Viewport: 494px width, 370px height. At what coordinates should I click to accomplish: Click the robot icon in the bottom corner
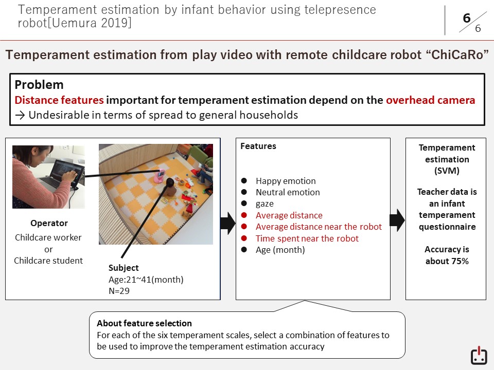pos(479,356)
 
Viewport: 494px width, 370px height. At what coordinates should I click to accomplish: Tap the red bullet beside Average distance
pos(244,215)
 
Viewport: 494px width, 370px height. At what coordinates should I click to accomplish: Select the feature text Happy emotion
pos(286,181)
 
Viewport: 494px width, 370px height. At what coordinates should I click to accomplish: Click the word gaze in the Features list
pos(264,204)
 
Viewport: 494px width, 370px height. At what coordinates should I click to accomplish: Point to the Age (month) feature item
pos(280,250)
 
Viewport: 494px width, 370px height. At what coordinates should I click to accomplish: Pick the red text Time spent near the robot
pos(307,238)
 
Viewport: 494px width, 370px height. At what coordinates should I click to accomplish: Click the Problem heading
pos(39,85)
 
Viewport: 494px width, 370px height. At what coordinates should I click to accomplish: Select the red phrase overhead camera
pos(430,100)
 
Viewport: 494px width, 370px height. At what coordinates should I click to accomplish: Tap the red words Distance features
pos(59,100)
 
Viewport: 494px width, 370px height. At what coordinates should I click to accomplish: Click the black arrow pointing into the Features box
pos(227,223)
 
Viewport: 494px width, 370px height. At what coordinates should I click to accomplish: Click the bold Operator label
pos(49,223)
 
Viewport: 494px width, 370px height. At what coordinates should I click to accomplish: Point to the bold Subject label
pos(123,268)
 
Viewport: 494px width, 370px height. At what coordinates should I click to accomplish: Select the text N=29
pos(119,291)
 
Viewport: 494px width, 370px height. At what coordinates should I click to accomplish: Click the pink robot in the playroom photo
pos(160,176)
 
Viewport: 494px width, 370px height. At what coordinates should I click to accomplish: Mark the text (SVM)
pos(447,171)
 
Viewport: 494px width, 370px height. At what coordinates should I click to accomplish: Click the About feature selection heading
pos(144,323)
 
